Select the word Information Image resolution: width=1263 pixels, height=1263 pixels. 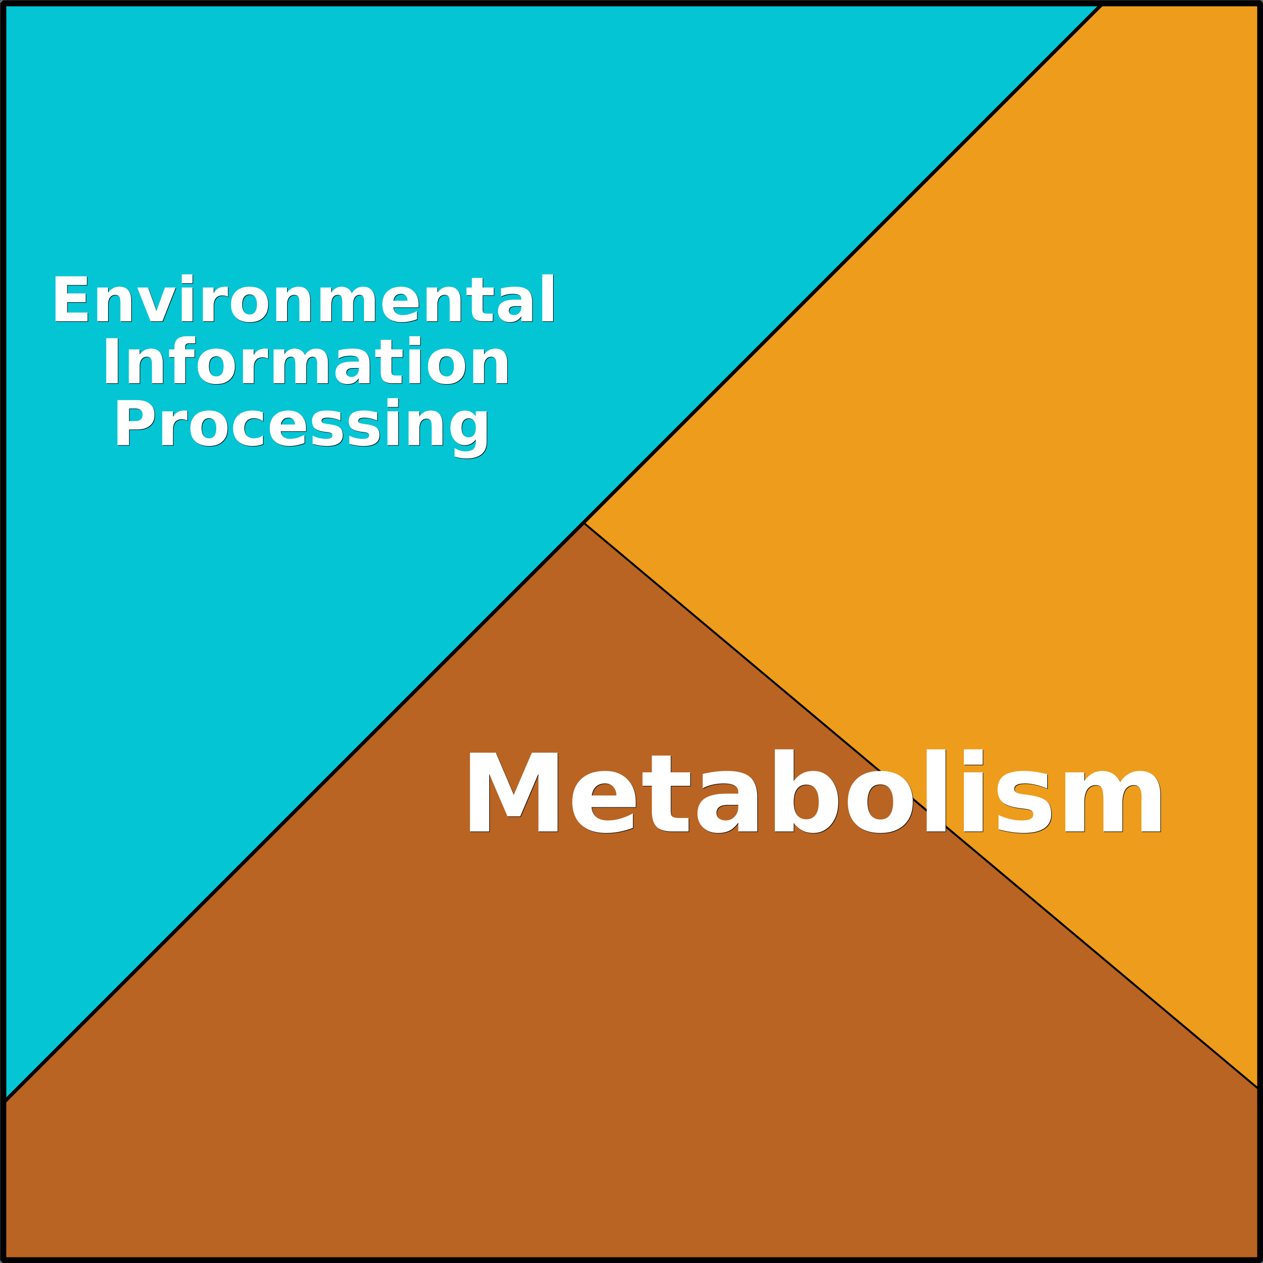(x=306, y=360)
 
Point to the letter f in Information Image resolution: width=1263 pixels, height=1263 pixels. (x=183, y=360)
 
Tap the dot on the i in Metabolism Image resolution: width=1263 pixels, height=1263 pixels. (x=973, y=756)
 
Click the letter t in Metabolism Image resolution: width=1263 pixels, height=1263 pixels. (x=666, y=793)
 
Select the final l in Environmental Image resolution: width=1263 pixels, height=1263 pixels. (x=549, y=298)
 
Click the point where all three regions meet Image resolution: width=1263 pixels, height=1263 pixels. (x=584, y=523)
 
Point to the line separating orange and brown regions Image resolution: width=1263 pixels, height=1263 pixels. (x=921, y=805)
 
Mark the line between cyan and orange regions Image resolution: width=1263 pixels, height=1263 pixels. (x=843, y=264)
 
